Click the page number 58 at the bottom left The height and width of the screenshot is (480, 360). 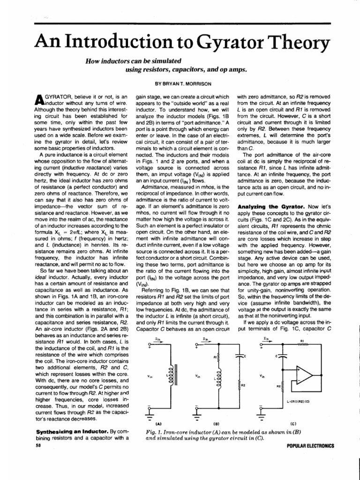(38, 445)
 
